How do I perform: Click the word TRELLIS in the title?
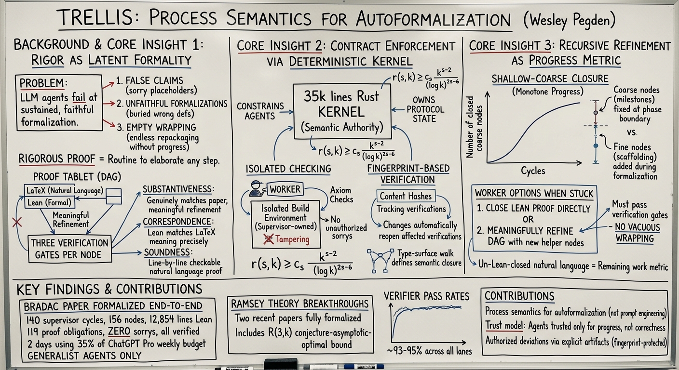96,17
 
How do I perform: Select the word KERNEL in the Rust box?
341,112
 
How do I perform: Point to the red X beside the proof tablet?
17,223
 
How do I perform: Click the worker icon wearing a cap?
256,188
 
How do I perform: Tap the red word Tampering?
292,239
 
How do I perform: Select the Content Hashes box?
406,196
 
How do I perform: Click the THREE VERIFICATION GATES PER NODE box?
70,249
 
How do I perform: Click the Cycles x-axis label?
533,171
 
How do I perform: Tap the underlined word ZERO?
119,331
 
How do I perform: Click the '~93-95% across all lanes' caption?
429,351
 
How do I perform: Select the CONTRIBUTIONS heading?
519,296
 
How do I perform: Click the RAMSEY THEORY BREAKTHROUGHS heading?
299,304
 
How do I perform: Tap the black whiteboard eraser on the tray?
281,363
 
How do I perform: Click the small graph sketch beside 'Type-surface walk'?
380,260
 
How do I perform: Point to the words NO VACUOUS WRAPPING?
637,233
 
